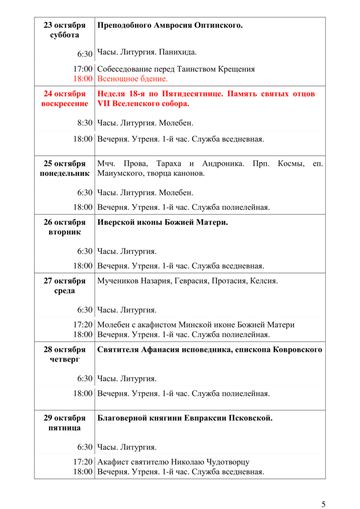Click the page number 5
pos(324,505)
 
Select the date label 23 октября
pos(65,25)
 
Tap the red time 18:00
pos(83,79)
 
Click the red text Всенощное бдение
pos(133,79)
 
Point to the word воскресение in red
pos(65,103)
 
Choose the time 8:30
pos(85,123)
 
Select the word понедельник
pos(65,173)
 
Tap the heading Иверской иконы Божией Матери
pos(163,222)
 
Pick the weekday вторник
pos(65,232)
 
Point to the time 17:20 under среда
pos(83,325)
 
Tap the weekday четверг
pos(65,359)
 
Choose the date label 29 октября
pos(65,418)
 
